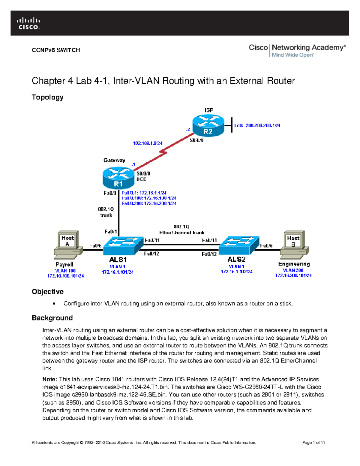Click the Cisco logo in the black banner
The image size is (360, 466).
(x=28, y=23)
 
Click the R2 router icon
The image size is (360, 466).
(x=208, y=125)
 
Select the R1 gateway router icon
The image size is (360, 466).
(x=118, y=178)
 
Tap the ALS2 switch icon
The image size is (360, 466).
(x=239, y=245)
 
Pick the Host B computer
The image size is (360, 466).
(x=294, y=245)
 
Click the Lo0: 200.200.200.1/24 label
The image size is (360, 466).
(x=257, y=125)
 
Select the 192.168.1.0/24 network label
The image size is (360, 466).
(x=148, y=143)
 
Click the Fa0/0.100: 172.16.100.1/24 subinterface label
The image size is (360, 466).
(x=149, y=198)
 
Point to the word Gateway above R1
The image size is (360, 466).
(x=114, y=160)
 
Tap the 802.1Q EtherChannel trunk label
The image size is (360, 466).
(x=181, y=230)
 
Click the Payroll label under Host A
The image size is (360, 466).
(x=64, y=264)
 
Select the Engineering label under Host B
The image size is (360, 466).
(x=294, y=264)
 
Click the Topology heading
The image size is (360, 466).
(x=47, y=97)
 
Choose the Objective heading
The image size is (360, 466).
(x=47, y=292)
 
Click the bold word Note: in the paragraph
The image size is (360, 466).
(x=49, y=379)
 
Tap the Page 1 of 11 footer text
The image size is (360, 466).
(x=313, y=443)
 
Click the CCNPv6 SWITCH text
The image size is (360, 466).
(x=56, y=50)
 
